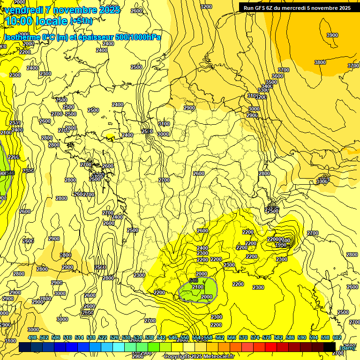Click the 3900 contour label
point(332,36)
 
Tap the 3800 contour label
point(320,62)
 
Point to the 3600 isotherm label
point(277,76)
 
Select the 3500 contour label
point(271,82)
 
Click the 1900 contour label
point(280,245)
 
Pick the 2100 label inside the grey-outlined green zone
point(198,287)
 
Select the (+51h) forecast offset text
point(81,21)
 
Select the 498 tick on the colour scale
point(32,338)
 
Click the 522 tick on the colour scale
point(103,338)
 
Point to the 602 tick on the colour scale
point(337,338)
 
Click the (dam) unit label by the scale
point(347,347)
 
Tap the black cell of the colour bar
point(330,347)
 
